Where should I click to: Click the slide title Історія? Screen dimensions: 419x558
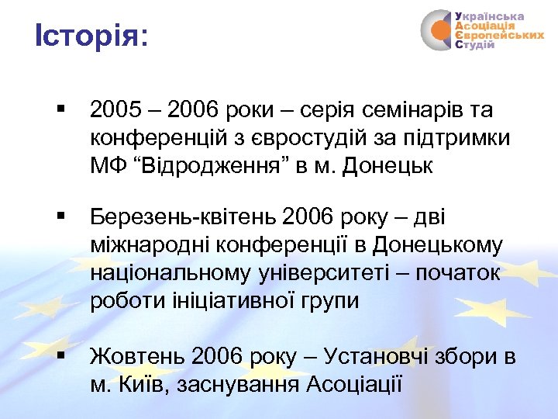coord(90,36)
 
